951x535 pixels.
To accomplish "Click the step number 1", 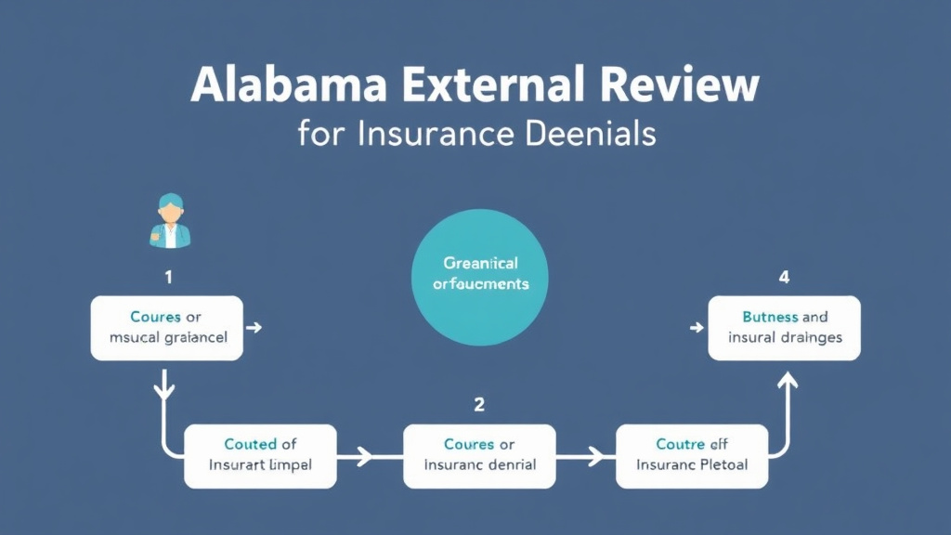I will click(x=167, y=277).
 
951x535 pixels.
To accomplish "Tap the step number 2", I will click(x=479, y=404).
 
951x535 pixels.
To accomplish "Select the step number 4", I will click(x=784, y=277).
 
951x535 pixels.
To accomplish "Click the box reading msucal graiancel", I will click(x=166, y=328).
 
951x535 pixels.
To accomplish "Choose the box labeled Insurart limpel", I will click(x=260, y=455).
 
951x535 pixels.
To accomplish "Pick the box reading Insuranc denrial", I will click(x=479, y=455).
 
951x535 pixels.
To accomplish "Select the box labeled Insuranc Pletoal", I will click(x=692, y=455).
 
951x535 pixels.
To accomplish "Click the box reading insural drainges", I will click(x=784, y=328).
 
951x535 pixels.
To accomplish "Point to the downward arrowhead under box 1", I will click(x=165, y=390).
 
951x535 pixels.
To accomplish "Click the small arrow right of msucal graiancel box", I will click(x=254, y=328).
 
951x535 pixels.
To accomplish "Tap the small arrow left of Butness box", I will click(x=696, y=328).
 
